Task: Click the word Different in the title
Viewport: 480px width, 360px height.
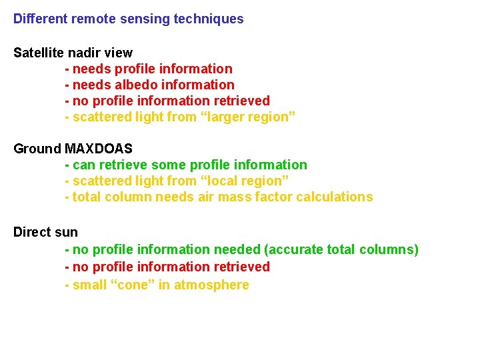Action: click(x=40, y=19)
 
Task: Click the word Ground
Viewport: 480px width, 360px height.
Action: click(x=37, y=149)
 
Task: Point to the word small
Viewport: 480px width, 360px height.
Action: click(x=90, y=285)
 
